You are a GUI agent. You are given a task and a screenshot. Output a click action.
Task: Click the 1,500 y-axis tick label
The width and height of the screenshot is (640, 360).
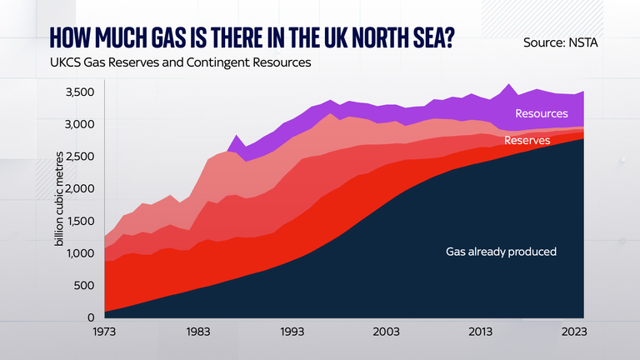(80, 221)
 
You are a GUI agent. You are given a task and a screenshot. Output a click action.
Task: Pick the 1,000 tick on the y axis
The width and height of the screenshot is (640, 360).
(80, 252)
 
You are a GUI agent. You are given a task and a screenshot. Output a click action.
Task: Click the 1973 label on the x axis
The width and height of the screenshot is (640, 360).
(105, 331)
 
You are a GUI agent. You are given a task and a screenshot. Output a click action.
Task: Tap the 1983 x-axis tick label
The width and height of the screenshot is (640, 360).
(198, 331)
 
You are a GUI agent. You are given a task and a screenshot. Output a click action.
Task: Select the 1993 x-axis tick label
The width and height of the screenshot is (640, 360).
(292, 331)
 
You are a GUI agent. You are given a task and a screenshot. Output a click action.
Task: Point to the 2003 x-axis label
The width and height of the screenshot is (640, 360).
(385, 331)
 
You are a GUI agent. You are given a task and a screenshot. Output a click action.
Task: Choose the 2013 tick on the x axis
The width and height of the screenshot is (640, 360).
(478, 331)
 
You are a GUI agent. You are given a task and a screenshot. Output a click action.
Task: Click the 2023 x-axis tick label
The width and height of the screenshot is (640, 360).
(572, 331)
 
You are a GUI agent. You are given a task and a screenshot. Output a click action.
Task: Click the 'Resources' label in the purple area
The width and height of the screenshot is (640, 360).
(542, 113)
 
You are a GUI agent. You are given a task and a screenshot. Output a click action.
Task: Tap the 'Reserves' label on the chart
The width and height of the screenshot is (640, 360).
(527, 141)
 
